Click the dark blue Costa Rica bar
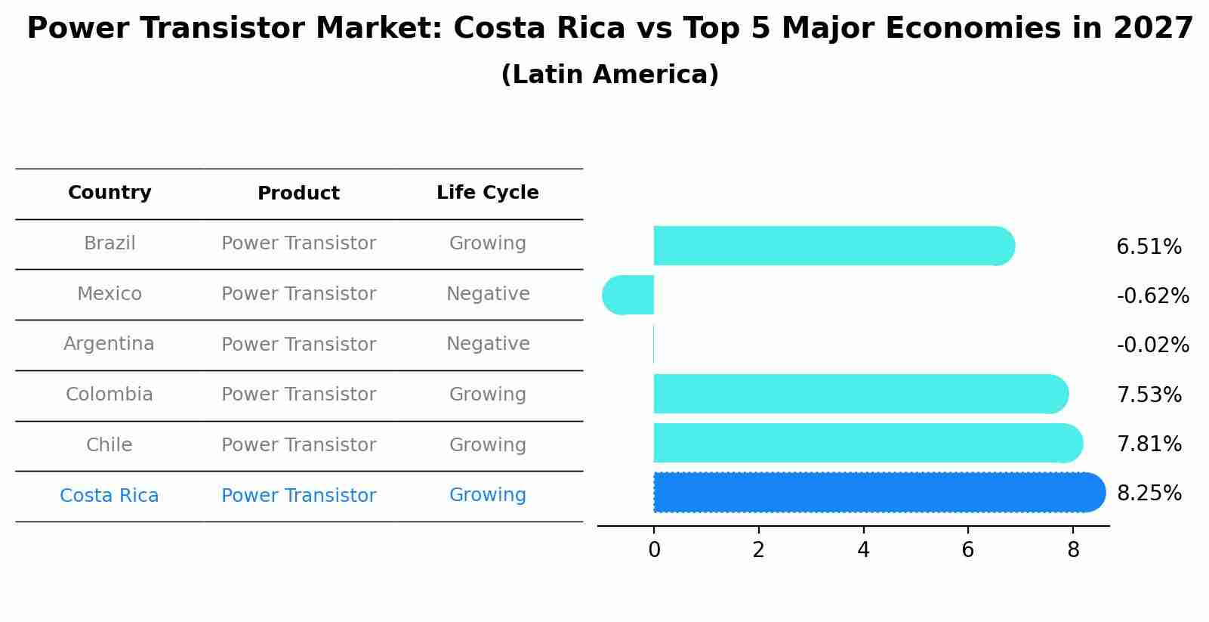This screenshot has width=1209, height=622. coord(876,492)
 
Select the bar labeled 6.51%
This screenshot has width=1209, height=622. coord(831,246)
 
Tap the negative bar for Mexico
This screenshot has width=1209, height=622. coord(628,295)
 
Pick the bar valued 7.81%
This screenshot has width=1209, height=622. coord(865,443)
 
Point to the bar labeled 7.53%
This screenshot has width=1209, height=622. coord(857,394)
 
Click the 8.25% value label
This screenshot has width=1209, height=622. coord(1149,494)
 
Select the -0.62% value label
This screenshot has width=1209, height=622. coord(1152,296)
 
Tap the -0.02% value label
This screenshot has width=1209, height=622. coord(1152,345)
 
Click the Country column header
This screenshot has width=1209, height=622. coord(109,193)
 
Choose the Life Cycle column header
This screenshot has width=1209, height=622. coord(487,193)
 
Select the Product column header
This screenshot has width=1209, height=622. coord(298,193)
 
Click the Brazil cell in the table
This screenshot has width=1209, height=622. coord(109,243)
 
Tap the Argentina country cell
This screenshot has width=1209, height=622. coord(109,344)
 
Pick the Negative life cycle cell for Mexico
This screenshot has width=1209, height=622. coord(488,294)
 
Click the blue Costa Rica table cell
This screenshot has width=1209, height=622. coord(109,496)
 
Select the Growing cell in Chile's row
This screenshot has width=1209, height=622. coord(487,445)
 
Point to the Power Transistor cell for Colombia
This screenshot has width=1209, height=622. coord(298,395)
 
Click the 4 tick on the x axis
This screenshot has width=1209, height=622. coord(863,550)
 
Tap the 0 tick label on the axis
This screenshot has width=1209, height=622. coord(654,550)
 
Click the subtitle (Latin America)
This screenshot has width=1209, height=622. coord(609,75)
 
